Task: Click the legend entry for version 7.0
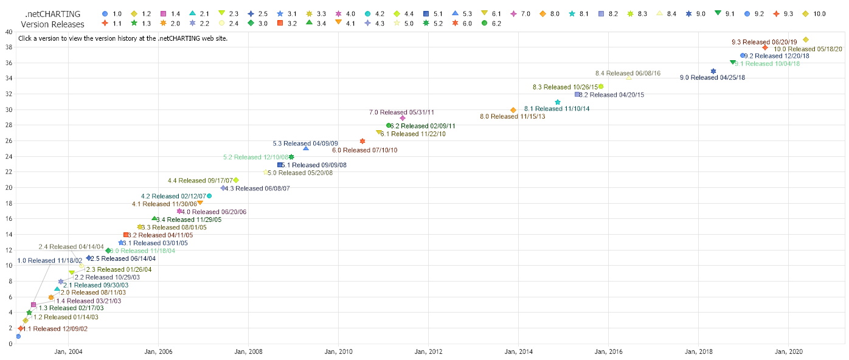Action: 532,13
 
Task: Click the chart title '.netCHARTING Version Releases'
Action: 52,18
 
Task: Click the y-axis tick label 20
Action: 8,187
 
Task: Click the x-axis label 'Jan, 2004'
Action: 68,351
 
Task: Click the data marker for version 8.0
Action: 513,110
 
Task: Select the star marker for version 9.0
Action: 713,71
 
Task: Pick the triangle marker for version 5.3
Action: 306,148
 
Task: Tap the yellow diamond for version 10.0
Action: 806,40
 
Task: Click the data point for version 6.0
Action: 362,141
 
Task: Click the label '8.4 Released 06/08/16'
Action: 627,73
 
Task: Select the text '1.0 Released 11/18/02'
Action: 49,260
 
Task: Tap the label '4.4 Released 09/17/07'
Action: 200,180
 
